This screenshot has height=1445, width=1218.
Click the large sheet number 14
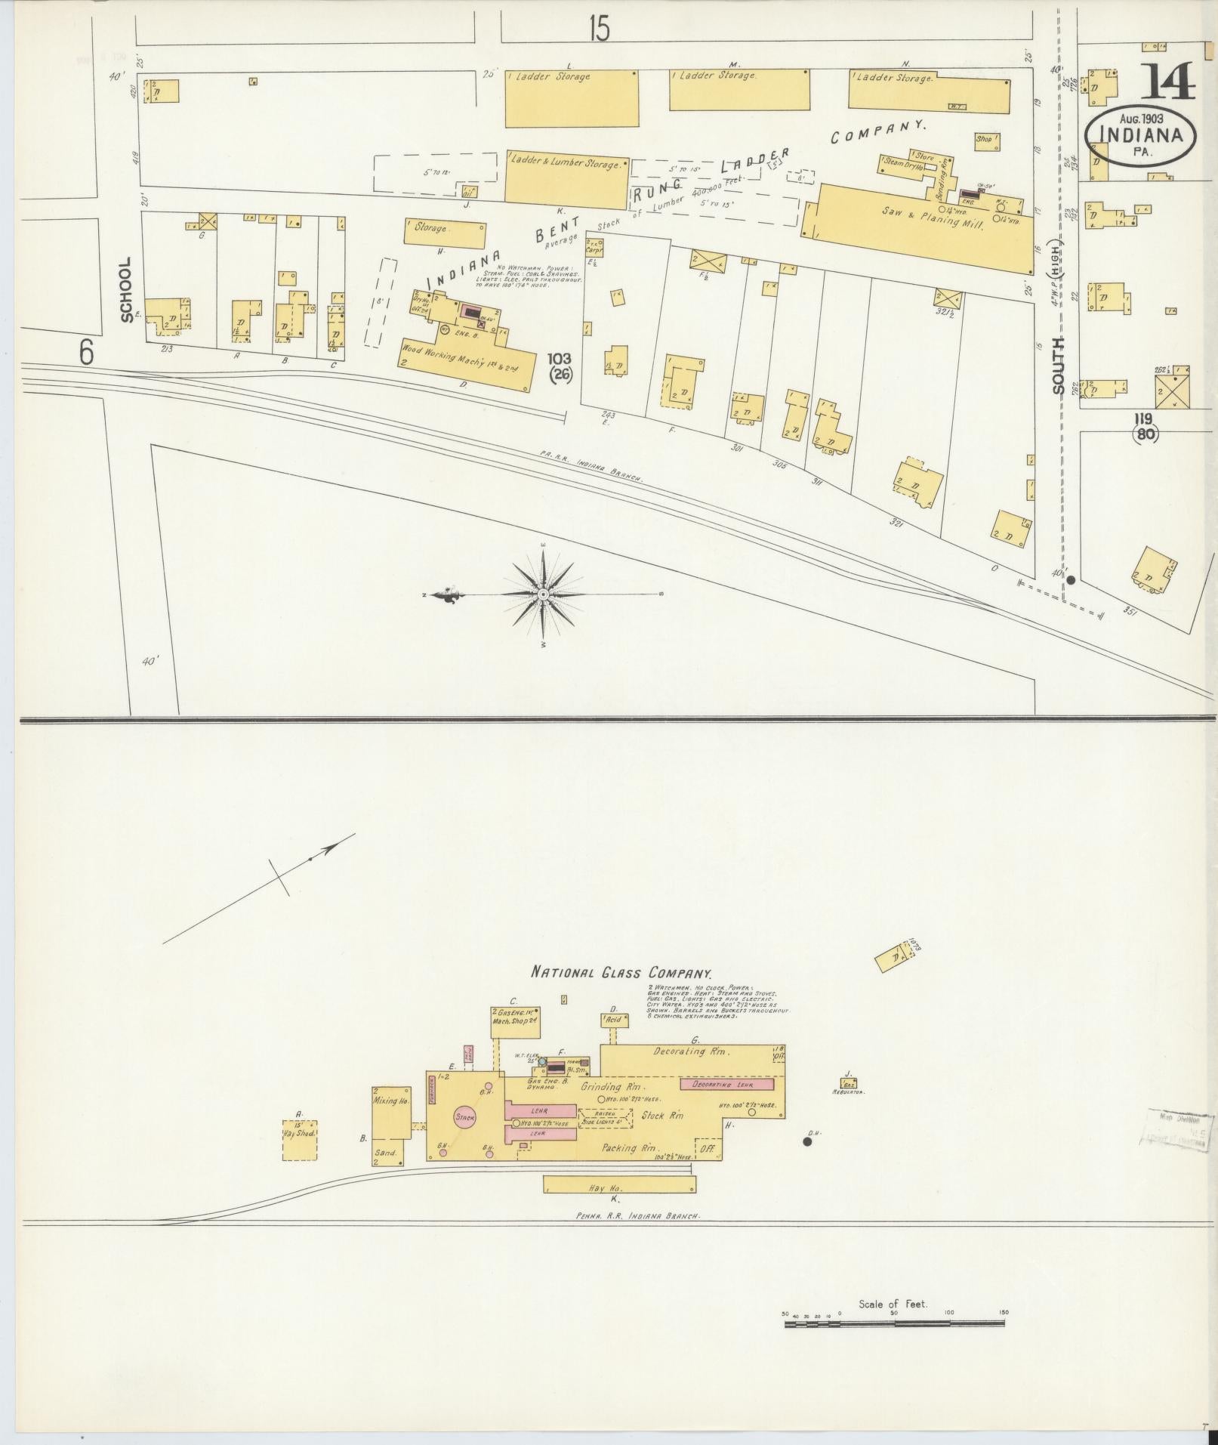(1167, 82)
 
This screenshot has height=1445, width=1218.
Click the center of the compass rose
(543, 595)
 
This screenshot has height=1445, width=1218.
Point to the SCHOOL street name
(126, 289)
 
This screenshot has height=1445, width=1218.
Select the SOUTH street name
(1058, 365)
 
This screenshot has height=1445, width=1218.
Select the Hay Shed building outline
(299, 1139)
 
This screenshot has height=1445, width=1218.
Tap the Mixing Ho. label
(391, 1101)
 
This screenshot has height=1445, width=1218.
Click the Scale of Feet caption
(892, 1304)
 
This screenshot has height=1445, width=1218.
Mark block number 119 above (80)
(1146, 418)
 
